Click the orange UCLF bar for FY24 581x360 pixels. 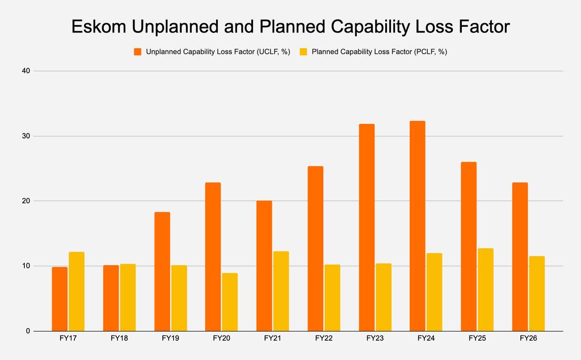tap(417, 226)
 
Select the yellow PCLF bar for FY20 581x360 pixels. tap(230, 302)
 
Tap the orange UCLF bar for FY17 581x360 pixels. tap(60, 299)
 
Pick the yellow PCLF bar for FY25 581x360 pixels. tap(486, 290)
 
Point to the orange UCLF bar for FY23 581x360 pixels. tap(367, 227)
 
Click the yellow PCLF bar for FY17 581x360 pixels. tap(77, 291)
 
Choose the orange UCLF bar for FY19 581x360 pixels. tap(162, 271)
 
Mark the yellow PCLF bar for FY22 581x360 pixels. tap(332, 298)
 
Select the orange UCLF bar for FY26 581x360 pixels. tap(520, 257)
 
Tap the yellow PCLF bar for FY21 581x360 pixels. tap(281, 291)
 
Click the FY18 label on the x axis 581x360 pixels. tap(119, 338)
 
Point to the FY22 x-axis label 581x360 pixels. tap(324, 338)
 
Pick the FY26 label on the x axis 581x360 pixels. tap(528, 338)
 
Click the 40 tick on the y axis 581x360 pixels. tap(26, 71)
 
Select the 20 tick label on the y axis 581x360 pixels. tap(26, 201)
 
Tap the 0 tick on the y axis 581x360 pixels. tap(28, 331)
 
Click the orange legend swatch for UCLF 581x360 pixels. tap(138, 52)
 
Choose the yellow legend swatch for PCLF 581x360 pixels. tap(304, 52)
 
